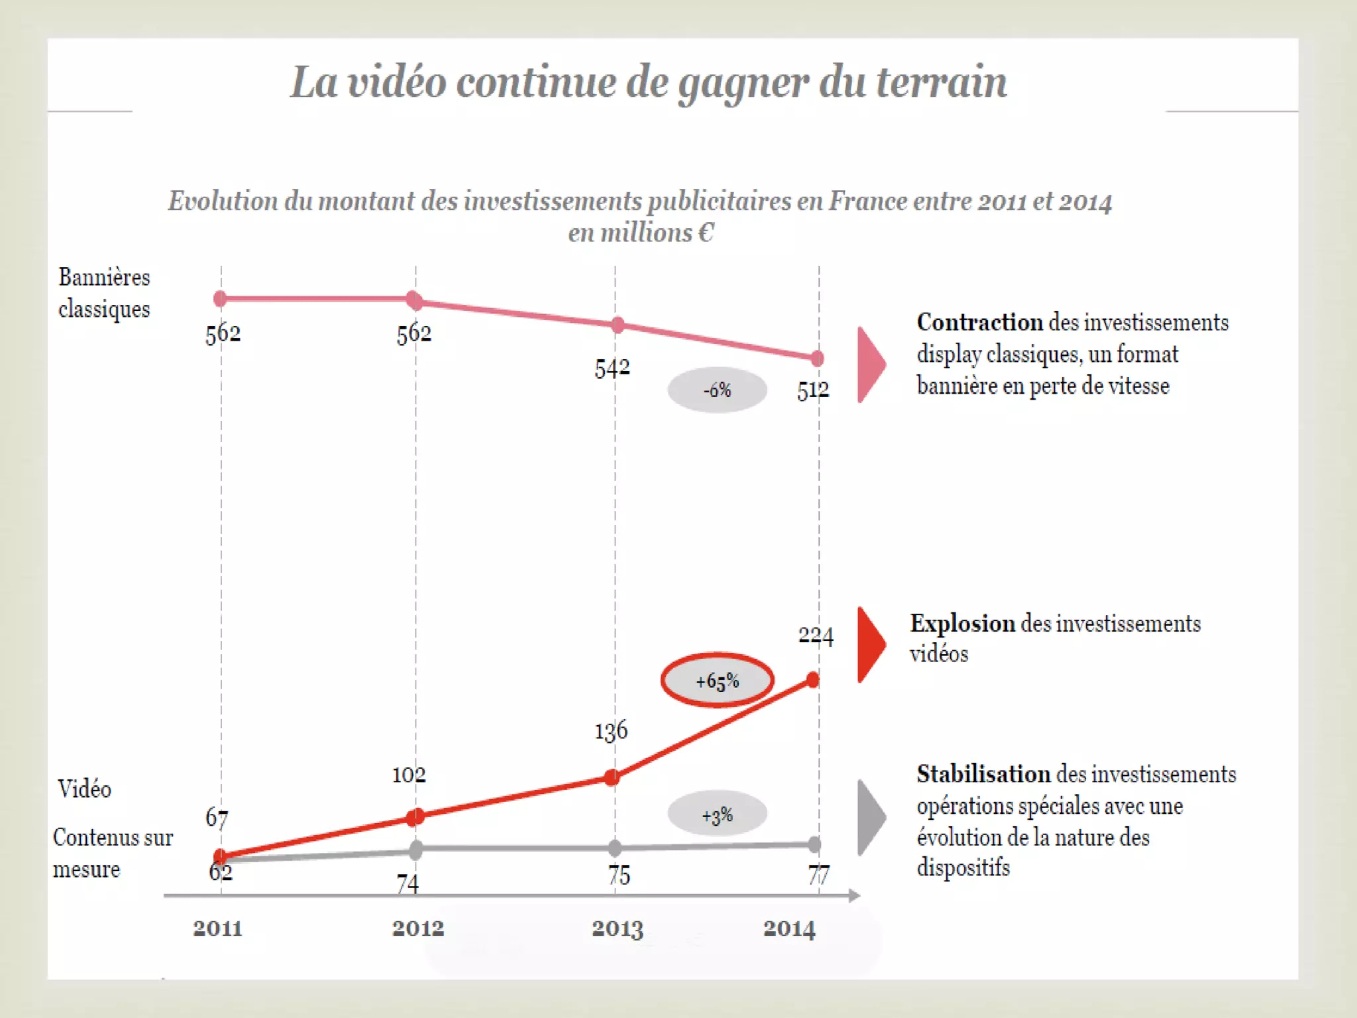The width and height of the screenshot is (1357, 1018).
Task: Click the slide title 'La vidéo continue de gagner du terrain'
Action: (x=648, y=82)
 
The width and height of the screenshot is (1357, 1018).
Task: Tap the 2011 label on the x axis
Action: (x=217, y=928)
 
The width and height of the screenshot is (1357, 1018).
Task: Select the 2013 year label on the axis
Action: (x=617, y=928)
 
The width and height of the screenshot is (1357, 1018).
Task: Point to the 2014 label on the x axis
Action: (x=788, y=928)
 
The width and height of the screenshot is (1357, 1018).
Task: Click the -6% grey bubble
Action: (x=717, y=390)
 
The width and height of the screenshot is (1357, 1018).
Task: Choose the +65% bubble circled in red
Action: (x=717, y=681)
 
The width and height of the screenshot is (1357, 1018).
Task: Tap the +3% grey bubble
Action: (x=717, y=815)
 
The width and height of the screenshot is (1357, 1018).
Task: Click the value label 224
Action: (x=815, y=636)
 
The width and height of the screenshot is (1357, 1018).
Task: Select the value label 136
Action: (x=610, y=731)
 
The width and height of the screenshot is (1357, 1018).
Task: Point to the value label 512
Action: (x=812, y=390)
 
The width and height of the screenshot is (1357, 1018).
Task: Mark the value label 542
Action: (x=612, y=368)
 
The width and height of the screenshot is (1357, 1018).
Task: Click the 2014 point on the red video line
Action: (x=813, y=679)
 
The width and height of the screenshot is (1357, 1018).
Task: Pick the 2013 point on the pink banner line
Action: (x=618, y=325)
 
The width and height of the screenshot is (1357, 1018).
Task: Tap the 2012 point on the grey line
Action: (x=415, y=849)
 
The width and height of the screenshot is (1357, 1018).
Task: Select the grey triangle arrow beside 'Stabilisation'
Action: (x=870, y=817)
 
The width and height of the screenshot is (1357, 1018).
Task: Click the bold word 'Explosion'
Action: (x=962, y=624)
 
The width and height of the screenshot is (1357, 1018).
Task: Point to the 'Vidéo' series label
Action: (x=85, y=789)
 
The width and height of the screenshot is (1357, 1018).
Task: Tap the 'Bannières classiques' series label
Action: (x=104, y=293)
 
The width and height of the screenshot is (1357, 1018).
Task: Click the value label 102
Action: (x=409, y=774)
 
